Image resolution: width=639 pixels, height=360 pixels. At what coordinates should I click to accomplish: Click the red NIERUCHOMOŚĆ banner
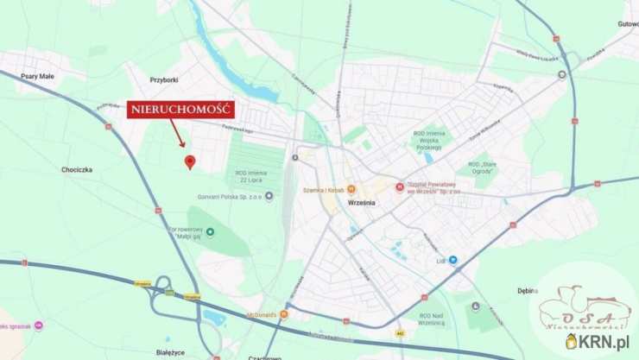tap(180, 110)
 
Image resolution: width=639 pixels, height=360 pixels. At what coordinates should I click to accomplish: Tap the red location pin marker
tap(190, 161)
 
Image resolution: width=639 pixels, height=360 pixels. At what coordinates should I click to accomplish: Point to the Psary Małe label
tap(36, 76)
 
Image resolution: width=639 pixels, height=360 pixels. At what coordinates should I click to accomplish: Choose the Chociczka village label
tap(77, 170)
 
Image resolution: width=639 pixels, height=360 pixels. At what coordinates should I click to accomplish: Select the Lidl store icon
tap(452, 259)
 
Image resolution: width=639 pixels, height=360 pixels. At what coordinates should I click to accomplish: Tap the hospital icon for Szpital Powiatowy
tap(399, 186)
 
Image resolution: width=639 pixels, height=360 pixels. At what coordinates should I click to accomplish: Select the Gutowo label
tap(628, 24)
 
